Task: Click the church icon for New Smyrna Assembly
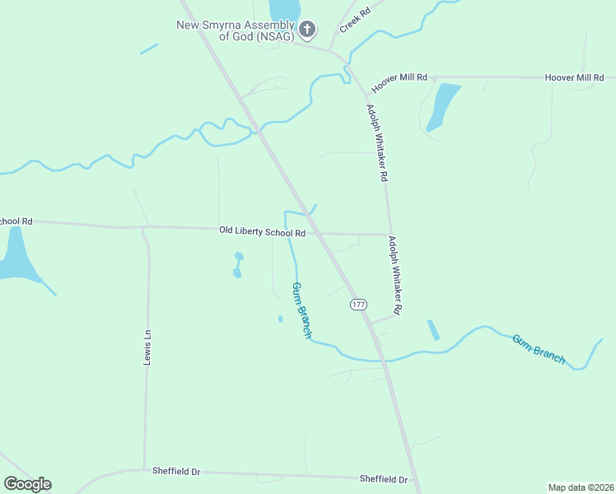[307, 30]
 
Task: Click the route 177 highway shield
[358, 305]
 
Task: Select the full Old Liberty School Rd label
[263, 232]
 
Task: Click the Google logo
[27, 484]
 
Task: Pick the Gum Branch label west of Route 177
[301, 310]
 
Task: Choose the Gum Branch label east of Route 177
[539, 348]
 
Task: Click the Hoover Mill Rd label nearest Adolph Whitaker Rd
[399, 81]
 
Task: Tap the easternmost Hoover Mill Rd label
[580, 77]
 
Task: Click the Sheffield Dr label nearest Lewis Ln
[176, 471]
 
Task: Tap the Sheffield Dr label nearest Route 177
[384, 478]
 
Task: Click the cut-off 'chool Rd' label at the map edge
[16, 221]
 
